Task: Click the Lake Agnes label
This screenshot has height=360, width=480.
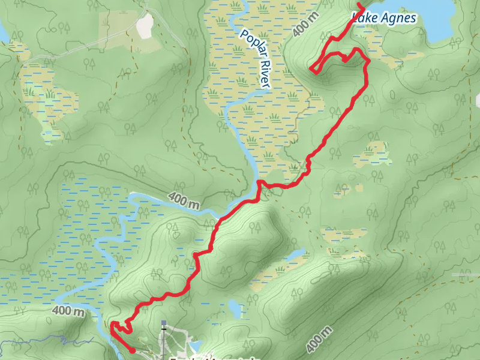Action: tap(384, 19)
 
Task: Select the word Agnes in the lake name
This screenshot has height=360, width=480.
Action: tap(397, 19)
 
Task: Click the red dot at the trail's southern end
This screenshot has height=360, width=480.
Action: tap(132, 350)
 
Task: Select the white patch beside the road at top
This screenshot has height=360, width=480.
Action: tap(145, 25)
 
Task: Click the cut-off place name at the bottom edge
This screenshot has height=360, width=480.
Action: tap(213, 358)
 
